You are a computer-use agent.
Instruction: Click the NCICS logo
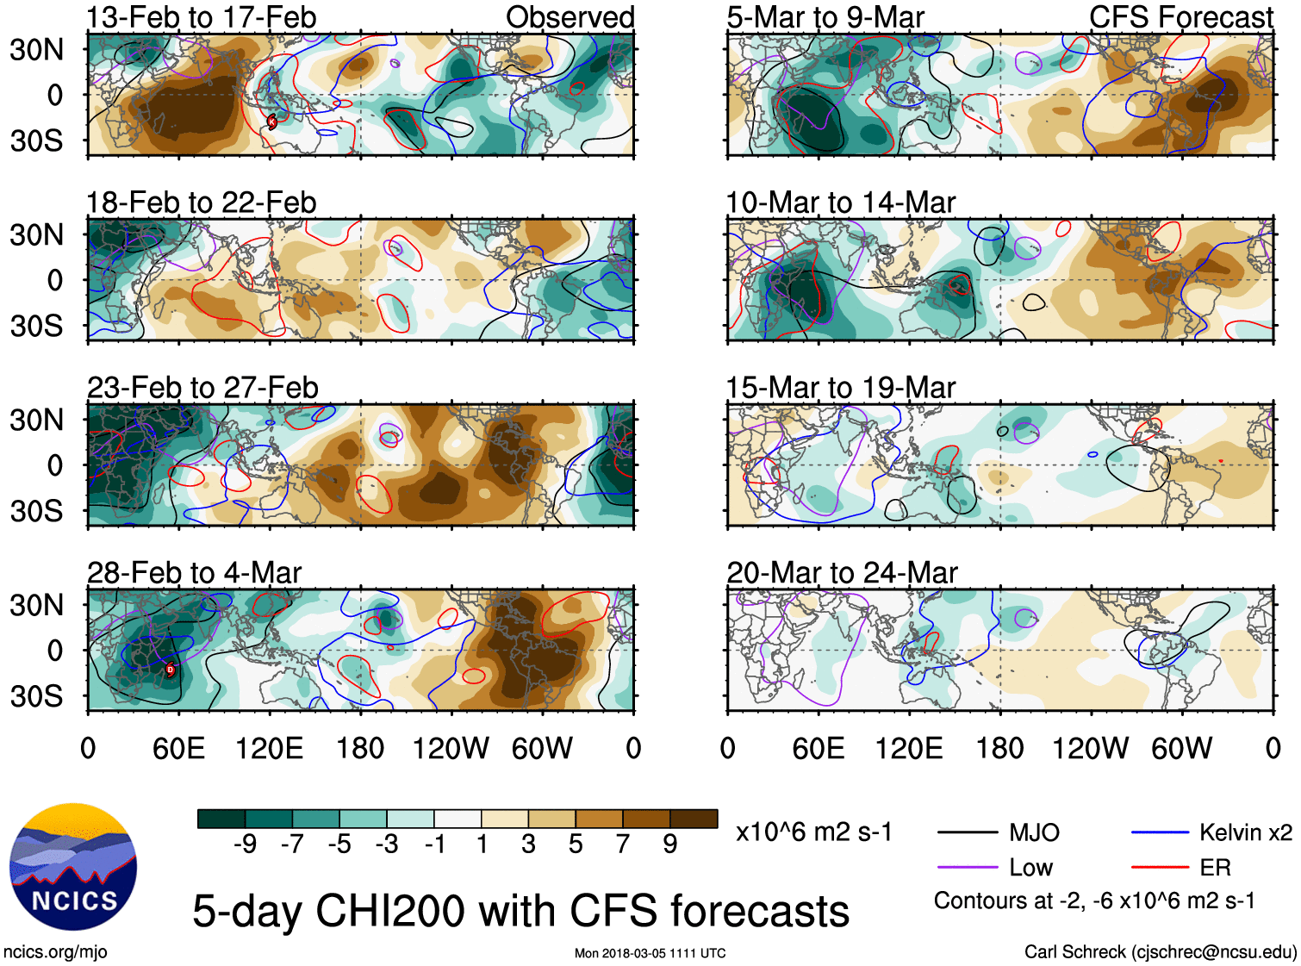point(73,867)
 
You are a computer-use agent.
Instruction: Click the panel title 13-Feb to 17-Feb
point(202,17)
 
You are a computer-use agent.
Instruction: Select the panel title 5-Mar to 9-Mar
point(825,17)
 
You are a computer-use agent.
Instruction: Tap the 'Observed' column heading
point(570,17)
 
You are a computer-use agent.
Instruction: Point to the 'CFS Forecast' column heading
point(1180,17)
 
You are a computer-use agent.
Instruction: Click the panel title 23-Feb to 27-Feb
point(202,388)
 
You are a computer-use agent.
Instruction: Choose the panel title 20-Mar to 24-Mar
point(842,573)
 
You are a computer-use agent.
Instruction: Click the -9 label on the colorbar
point(245,844)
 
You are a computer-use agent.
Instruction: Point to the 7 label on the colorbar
point(623,844)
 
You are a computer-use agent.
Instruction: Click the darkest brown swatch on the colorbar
point(694,819)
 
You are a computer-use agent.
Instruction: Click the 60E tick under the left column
point(178,748)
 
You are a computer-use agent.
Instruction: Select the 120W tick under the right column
point(1090,748)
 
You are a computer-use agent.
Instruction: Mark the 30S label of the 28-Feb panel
point(37,696)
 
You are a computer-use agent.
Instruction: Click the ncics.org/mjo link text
point(55,952)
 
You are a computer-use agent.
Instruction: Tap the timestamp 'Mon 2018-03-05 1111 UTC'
point(650,953)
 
